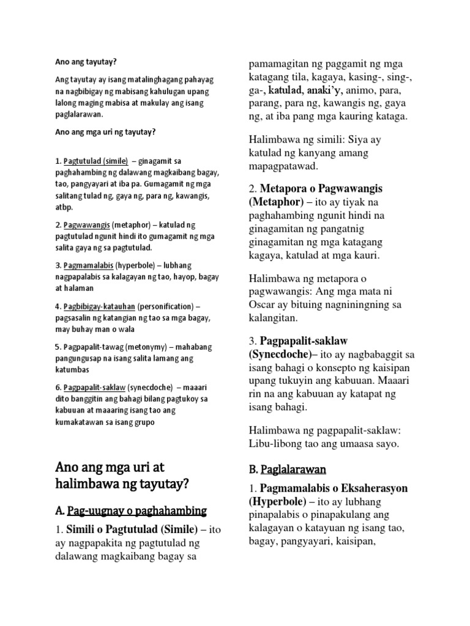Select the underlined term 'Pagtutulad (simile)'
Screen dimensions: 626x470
[x=95, y=161]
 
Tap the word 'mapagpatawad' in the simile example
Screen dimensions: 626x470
[x=283, y=166]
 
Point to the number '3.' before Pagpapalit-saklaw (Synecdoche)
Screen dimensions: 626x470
[x=252, y=340]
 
